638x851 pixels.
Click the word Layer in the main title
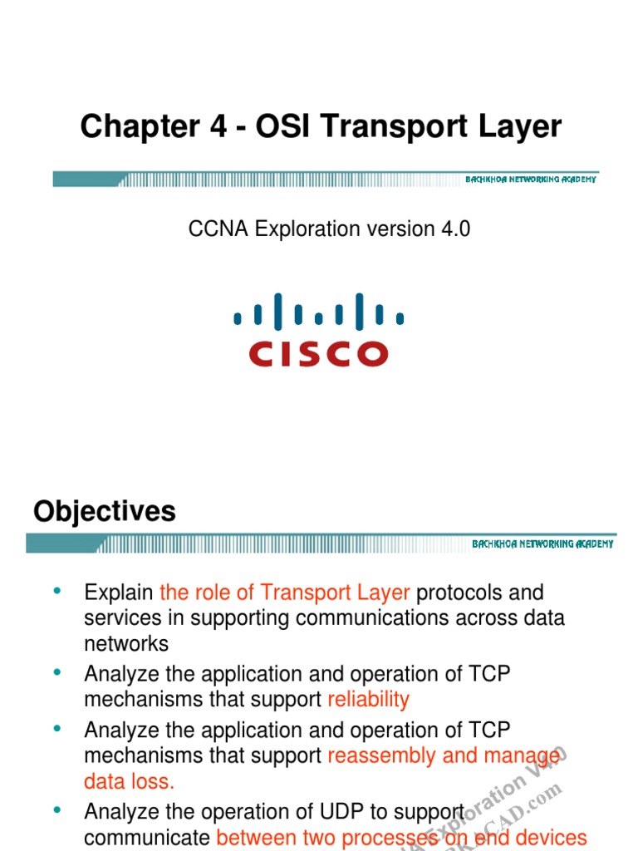click(x=521, y=127)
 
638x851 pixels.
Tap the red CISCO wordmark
click(x=318, y=354)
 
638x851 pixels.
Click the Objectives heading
click(x=105, y=511)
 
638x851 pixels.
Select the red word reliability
click(x=368, y=700)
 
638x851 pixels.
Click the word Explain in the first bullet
click(x=119, y=593)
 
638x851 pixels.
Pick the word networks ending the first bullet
click(x=126, y=644)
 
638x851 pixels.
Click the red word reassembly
click(x=381, y=755)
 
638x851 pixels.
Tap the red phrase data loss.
click(x=130, y=781)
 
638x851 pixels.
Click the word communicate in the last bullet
click(x=147, y=838)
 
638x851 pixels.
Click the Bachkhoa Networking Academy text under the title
click(x=530, y=180)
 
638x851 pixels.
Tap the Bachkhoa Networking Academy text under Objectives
click(x=542, y=544)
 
